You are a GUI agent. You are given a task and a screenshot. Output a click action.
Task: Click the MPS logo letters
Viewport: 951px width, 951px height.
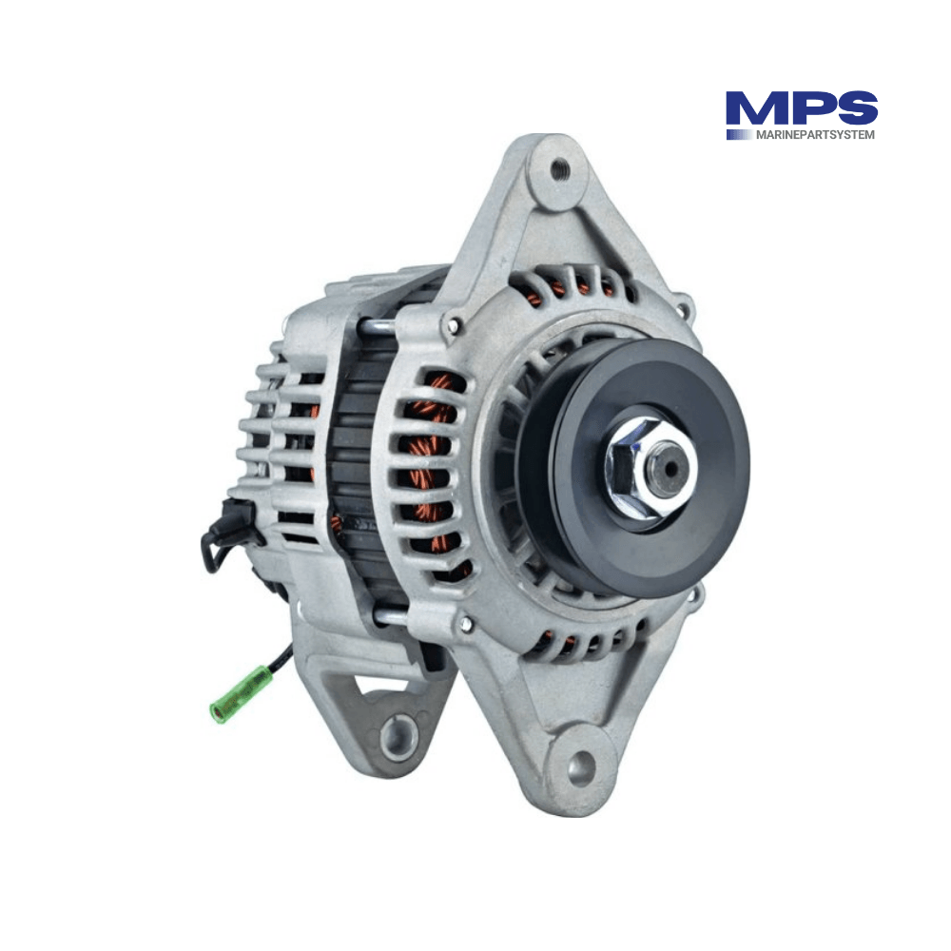point(801,109)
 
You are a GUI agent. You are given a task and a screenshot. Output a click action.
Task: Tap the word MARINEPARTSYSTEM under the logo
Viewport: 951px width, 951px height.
point(815,135)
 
